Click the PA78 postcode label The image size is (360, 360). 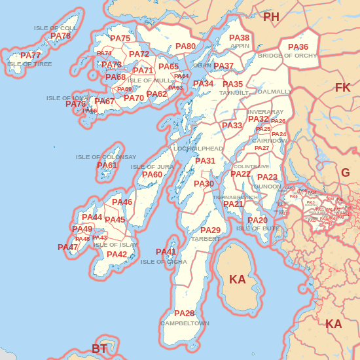coord(60,36)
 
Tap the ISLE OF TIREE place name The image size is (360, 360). coord(29,64)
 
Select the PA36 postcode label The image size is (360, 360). coord(298,47)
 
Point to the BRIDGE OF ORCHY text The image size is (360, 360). coord(287,56)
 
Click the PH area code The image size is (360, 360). coord(271,17)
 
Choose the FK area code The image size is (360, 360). coord(342,88)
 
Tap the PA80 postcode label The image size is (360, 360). coord(186,46)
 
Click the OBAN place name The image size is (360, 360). coord(202,65)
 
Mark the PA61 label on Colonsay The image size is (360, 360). coord(107,166)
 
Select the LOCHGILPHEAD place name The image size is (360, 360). coord(198,149)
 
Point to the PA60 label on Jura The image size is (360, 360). coord(152,175)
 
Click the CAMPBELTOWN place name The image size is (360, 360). coord(185,323)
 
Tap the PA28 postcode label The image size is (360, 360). coord(184,314)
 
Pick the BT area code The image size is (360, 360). coord(99,349)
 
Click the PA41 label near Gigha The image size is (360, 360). coord(166,252)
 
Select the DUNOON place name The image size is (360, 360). coord(266,187)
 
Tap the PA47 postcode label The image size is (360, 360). coord(67,247)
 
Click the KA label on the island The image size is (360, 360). coord(237,279)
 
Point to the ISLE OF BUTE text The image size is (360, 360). coord(258,228)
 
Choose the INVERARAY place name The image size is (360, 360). coord(266,112)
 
